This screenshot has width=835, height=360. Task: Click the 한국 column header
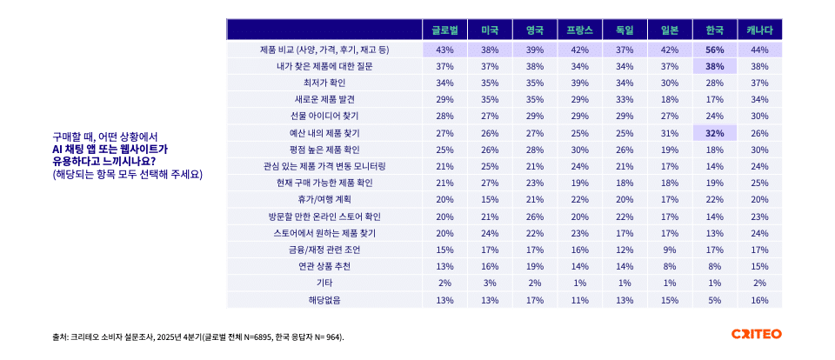(715, 30)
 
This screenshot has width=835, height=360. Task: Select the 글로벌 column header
(444, 30)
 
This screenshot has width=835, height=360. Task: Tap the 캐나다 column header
(759, 30)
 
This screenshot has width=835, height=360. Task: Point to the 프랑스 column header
(579, 30)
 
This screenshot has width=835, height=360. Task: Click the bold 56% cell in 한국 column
(715, 50)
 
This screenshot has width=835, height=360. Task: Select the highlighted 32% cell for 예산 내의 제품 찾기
(715, 133)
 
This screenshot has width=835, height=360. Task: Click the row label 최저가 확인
(324, 83)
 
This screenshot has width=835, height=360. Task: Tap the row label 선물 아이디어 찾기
(324, 116)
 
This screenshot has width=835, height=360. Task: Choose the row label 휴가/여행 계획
(324, 199)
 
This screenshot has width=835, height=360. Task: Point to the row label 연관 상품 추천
(324, 266)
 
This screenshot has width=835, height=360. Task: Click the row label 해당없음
(324, 299)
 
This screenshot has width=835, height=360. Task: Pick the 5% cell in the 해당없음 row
(715, 299)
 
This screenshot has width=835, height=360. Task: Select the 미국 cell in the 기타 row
(490, 283)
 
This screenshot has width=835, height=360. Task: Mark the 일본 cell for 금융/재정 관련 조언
(670, 250)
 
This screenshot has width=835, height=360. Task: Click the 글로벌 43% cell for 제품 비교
(444, 50)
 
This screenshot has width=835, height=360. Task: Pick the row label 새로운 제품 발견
(324, 99)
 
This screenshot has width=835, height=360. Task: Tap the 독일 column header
(625, 30)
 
